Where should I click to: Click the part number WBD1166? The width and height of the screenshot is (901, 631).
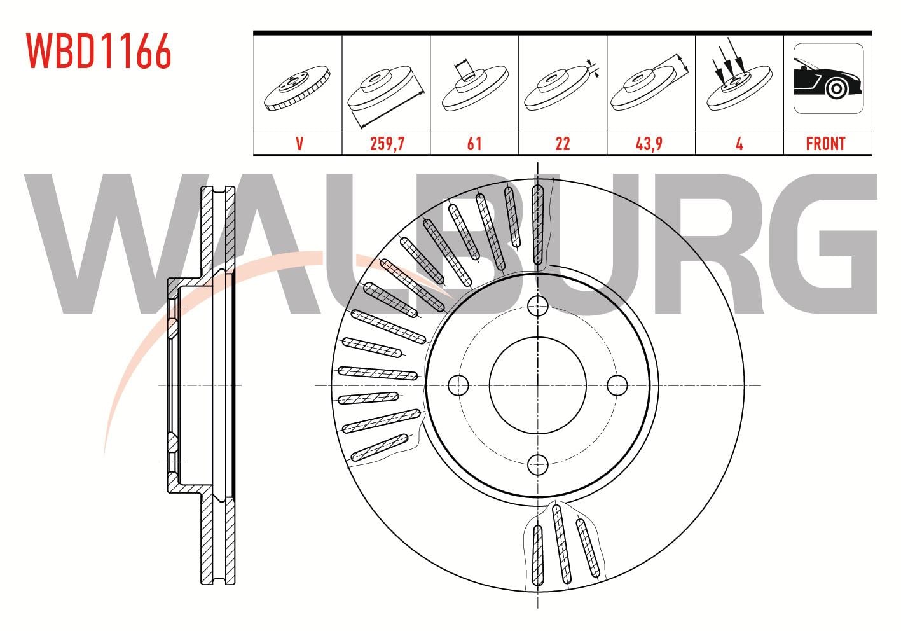point(99,51)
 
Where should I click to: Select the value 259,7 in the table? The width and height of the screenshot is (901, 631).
point(387,144)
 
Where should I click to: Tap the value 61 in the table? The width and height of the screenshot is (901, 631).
point(474,144)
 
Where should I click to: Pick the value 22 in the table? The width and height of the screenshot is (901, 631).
point(562,144)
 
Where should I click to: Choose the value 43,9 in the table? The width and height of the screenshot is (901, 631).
point(649,144)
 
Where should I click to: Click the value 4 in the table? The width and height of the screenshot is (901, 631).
point(739,144)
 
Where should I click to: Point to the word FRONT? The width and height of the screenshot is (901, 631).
point(826,144)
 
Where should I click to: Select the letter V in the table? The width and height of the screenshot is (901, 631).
point(299,144)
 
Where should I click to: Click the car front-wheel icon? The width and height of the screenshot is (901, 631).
point(829,78)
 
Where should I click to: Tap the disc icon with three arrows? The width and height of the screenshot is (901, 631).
point(739,76)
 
